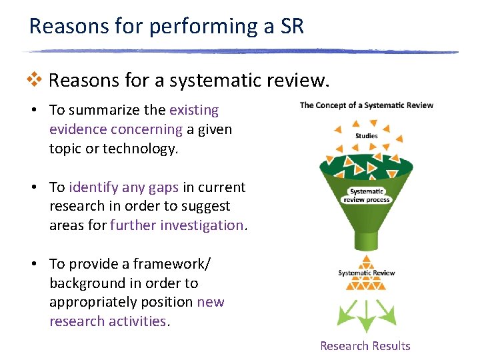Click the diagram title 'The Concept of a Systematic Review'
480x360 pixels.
[x=366, y=105]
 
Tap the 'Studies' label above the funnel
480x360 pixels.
[x=366, y=136]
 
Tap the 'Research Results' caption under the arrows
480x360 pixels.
[x=365, y=346]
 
